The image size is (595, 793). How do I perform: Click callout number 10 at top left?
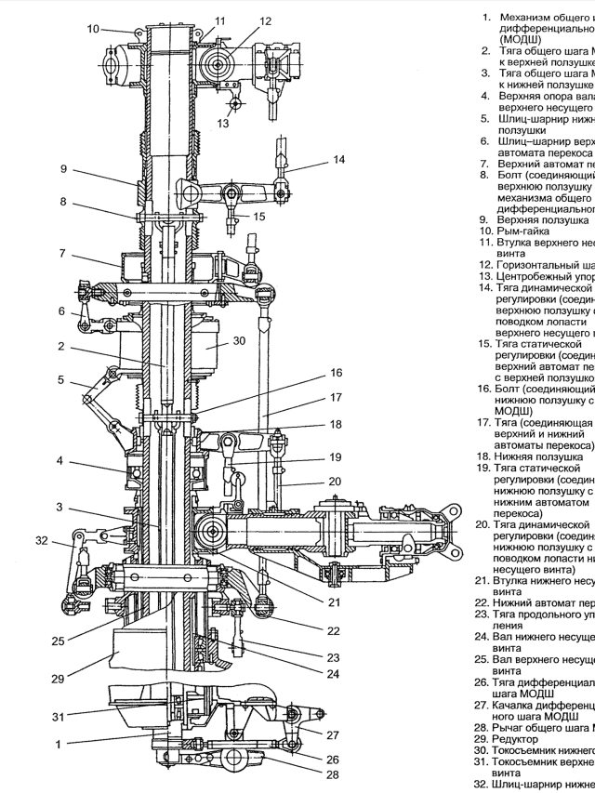tap(93, 29)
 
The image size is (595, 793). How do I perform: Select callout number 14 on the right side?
tap(338, 160)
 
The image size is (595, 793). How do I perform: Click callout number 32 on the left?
tap(40, 540)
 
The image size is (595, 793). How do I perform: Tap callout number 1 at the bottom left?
tap(59, 744)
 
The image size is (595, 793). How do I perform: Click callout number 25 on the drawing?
tap(59, 640)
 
